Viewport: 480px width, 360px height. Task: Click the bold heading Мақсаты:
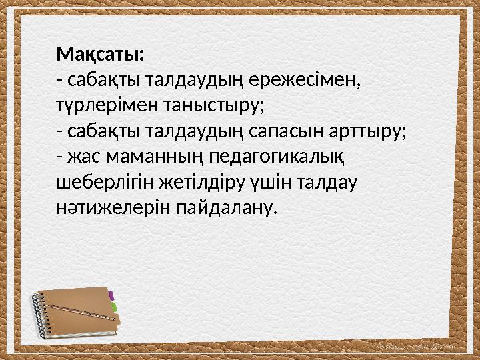click(103, 53)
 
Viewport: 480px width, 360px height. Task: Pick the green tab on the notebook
click(115, 307)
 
